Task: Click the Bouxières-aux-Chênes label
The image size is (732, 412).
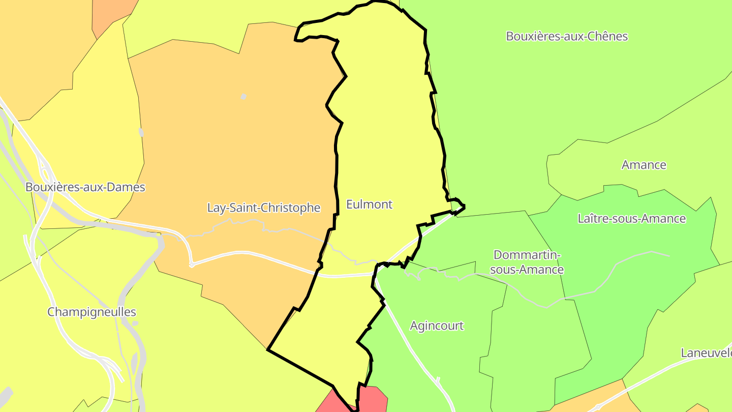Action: pos(567,37)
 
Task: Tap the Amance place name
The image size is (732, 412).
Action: pos(644,165)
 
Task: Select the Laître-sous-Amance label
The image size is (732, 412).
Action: pos(631,219)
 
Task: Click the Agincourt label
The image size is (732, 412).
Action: pos(437,326)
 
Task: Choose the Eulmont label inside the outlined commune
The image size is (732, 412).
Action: pos(369,204)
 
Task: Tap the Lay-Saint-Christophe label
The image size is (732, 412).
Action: pos(264,208)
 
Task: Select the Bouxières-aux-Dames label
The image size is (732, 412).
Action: pos(85,187)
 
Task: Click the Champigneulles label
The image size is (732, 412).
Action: pos(91,312)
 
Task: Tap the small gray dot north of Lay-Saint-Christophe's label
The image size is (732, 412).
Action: pos(243,97)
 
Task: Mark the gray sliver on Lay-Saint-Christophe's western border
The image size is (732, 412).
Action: pos(141,133)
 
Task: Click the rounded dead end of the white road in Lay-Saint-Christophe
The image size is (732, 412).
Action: pos(192,264)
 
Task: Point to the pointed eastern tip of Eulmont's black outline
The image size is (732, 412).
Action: pos(464,207)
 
